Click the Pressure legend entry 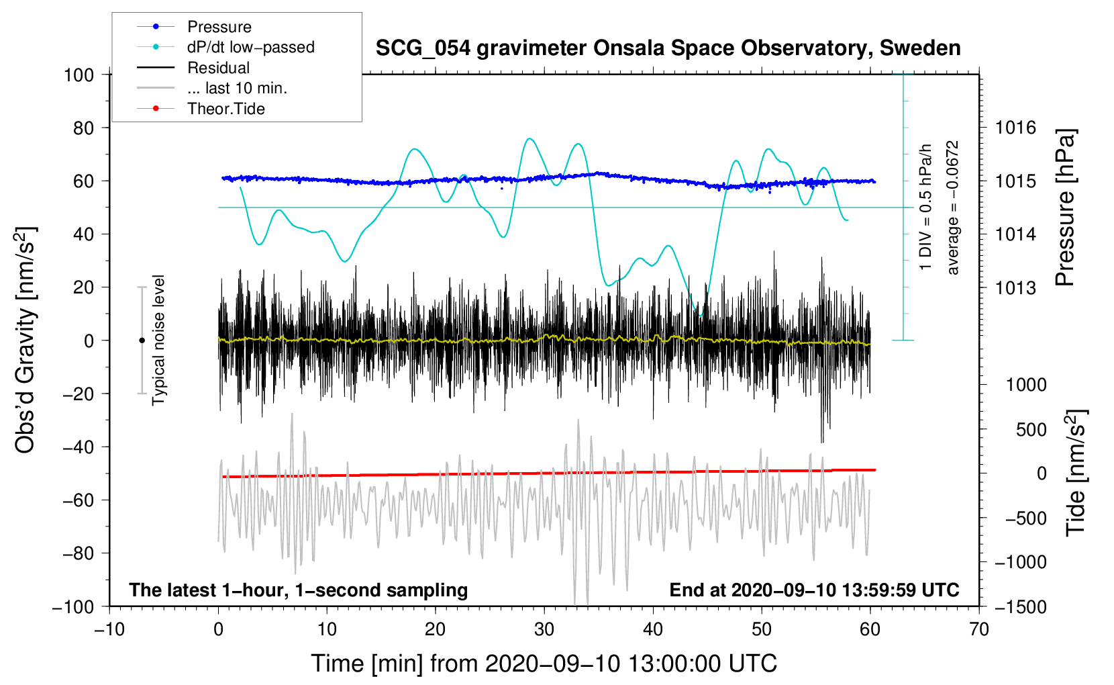click(219, 27)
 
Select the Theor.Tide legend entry click(225, 109)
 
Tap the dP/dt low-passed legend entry click(250, 47)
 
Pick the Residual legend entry click(218, 68)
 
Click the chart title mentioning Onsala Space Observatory click(668, 48)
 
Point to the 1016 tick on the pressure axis click(1015, 128)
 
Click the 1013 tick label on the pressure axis click(1015, 288)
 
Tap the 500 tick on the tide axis click(1031, 430)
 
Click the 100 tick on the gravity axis click(79, 75)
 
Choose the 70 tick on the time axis click(979, 629)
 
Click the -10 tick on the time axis click(109, 629)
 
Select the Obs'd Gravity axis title click(26, 340)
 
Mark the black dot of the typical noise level click(142, 340)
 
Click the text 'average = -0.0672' click(953, 208)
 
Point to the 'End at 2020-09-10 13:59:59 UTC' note click(814, 590)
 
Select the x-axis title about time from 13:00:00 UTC click(544, 664)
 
